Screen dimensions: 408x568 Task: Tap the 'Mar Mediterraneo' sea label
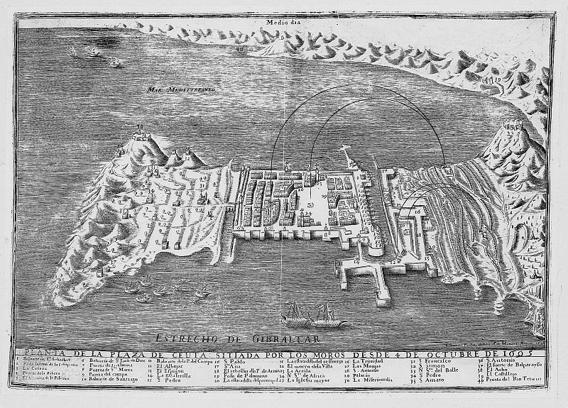tap(173, 90)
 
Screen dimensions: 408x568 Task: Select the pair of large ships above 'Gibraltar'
tap(312, 313)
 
